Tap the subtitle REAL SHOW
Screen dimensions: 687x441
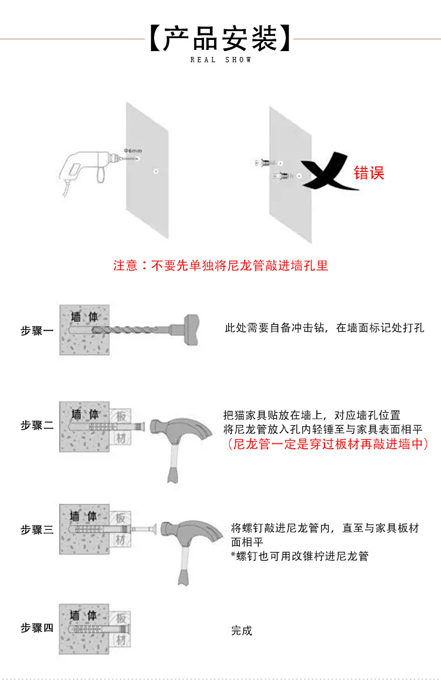[x=220, y=60]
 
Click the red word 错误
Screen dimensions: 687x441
[x=369, y=173]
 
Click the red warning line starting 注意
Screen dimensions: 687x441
[x=220, y=265]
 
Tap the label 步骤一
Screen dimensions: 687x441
[x=37, y=331]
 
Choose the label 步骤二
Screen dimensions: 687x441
[x=37, y=425]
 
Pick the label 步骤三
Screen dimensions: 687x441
[x=37, y=530]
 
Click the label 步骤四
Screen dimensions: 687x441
[x=37, y=628]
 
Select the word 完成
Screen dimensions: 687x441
[x=242, y=631]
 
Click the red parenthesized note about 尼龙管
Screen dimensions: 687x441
[x=327, y=444]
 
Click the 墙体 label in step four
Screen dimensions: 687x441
[x=83, y=616]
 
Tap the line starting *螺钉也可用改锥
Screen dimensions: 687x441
[x=299, y=556]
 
